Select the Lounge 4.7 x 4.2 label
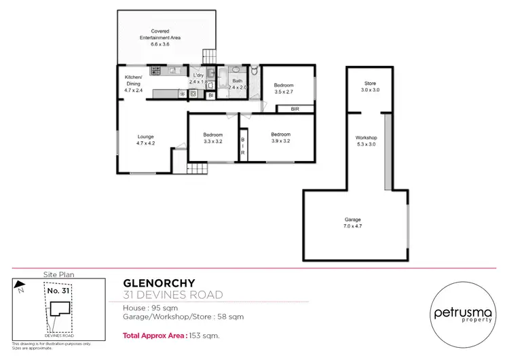146,139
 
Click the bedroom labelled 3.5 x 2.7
283,88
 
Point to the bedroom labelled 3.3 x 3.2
212,138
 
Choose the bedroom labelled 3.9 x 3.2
280,137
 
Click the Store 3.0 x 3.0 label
370,86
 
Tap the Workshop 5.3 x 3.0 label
366,141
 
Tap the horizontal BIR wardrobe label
295,109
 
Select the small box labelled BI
210,96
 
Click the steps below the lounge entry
197,169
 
